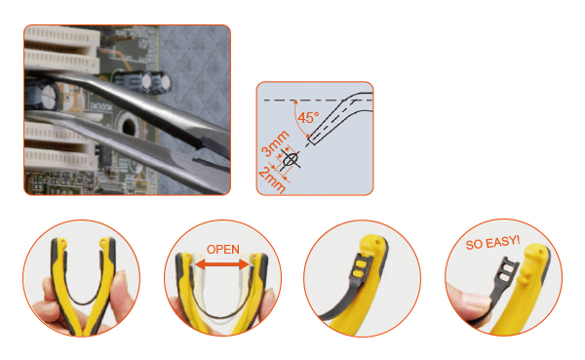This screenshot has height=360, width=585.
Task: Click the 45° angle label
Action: tap(308, 118)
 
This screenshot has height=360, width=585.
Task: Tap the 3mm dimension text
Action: tap(275, 143)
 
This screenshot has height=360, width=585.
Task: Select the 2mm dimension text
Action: tap(272, 180)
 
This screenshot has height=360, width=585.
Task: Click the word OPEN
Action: tap(223, 249)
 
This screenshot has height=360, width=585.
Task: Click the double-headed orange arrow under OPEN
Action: tap(222, 264)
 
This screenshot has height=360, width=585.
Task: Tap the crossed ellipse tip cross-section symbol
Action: tap(290, 160)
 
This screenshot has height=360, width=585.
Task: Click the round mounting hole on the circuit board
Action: tap(128, 128)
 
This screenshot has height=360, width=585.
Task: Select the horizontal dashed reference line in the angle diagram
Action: tap(318, 100)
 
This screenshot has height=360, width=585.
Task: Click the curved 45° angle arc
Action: tap(297, 120)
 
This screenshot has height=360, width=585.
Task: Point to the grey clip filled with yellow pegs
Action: tap(360, 268)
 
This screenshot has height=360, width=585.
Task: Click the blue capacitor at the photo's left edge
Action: tap(42, 96)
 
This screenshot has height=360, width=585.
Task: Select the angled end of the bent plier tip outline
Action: tap(312, 140)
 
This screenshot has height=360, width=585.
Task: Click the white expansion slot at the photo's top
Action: tap(61, 50)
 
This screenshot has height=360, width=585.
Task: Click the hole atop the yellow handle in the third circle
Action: tap(379, 242)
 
